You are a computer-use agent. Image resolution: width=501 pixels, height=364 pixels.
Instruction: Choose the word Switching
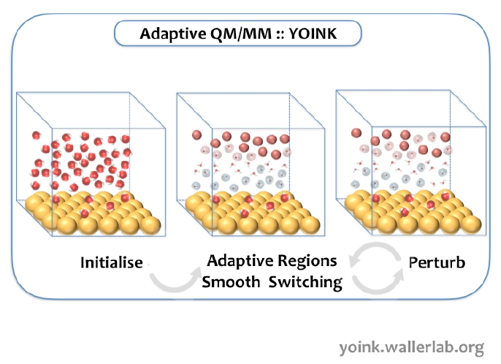[307, 282]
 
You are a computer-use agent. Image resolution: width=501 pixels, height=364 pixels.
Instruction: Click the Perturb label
[437, 262]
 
